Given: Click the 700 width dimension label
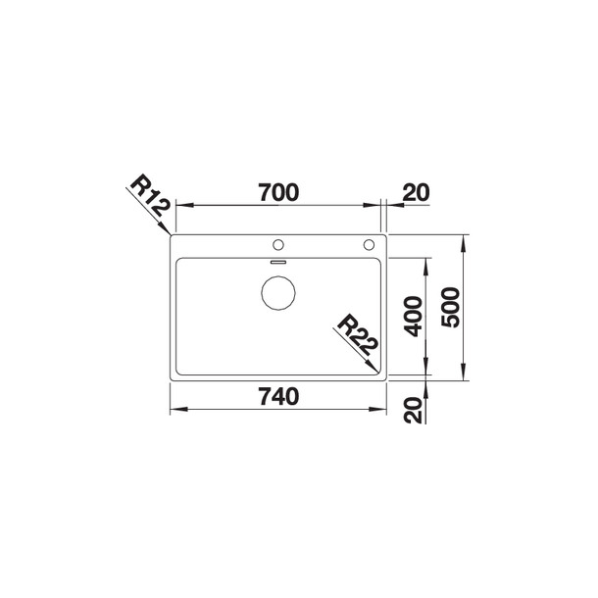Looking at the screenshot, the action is [x=278, y=192].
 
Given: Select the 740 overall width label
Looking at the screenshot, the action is [x=278, y=396].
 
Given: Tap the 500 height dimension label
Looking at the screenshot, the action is [x=450, y=308].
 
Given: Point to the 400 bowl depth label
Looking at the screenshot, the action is [x=414, y=317].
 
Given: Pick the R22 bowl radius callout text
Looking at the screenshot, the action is [x=357, y=335].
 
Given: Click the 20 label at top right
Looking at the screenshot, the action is [x=416, y=192].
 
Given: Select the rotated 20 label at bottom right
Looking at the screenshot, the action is [x=414, y=410].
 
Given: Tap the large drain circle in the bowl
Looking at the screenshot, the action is [x=278, y=292].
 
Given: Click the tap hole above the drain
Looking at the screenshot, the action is [x=278, y=245].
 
